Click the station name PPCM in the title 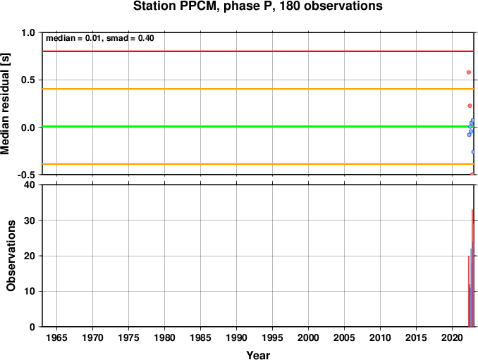[x=198, y=6]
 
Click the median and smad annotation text [x=100, y=38]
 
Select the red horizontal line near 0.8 [x=258, y=51]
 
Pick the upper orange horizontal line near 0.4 [x=258, y=89]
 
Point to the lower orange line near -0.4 [x=258, y=164]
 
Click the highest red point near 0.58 [x=469, y=72]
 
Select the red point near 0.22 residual [x=470, y=106]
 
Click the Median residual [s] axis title [x=5, y=104]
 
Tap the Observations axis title [x=11, y=256]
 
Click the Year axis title [x=258, y=355]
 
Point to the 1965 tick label [x=56, y=337]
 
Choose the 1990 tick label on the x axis [x=237, y=337]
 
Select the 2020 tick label [x=453, y=337]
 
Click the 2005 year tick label [x=345, y=337]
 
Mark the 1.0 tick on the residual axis [x=28, y=32]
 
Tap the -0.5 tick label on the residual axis [x=27, y=175]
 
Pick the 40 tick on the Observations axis [x=30, y=185]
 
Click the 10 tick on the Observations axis [x=30, y=291]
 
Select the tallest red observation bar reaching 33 [x=472, y=268]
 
